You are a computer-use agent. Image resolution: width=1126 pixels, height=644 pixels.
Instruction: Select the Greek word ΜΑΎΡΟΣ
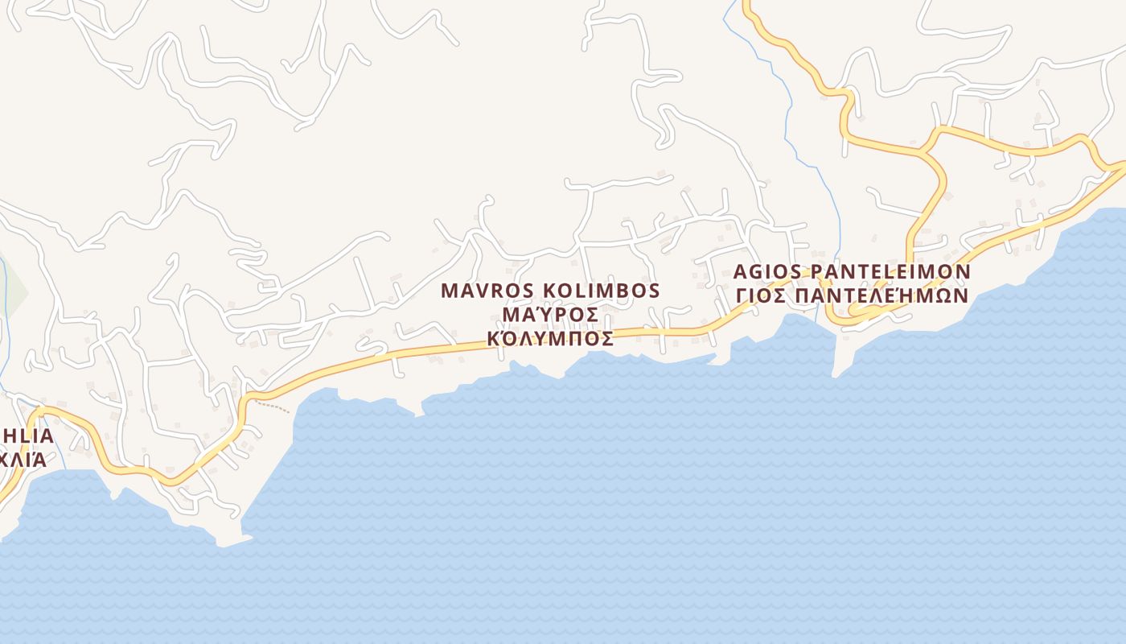point(550,314)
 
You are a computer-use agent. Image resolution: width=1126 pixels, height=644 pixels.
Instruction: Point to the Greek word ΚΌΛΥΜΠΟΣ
point(550,338)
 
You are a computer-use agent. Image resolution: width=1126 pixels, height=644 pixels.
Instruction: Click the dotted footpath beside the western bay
point(273,407)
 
